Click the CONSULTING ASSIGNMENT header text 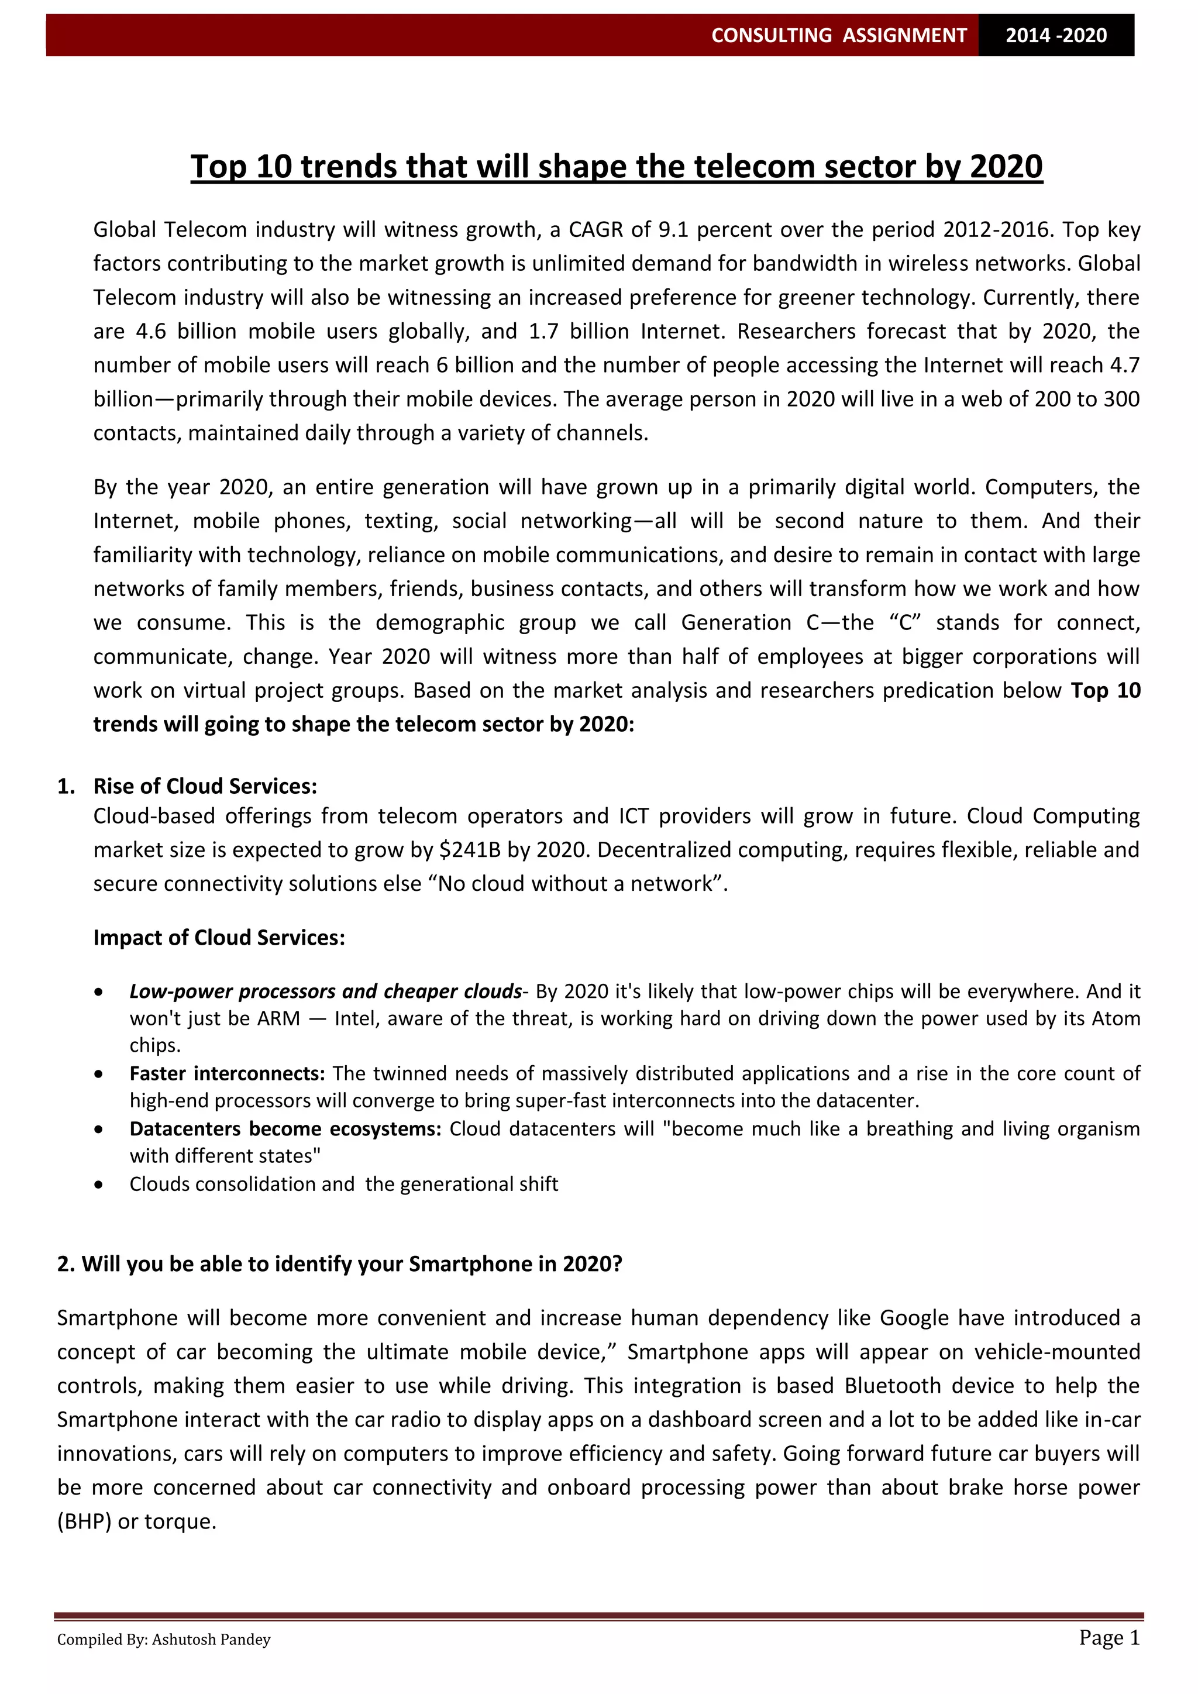pos(838,36)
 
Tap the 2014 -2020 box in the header pos(1056,36)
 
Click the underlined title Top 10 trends pos(616,167)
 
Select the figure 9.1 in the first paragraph pos(672,230)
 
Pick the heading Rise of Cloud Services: pos(205,787)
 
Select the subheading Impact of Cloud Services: pos(219,938)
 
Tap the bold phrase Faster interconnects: pos(227,1073)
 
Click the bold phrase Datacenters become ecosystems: pos(285,1129)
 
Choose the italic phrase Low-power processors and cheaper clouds pos(325,991)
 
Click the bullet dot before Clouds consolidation pos(99,1185)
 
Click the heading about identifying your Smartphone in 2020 pos(339,1265)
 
